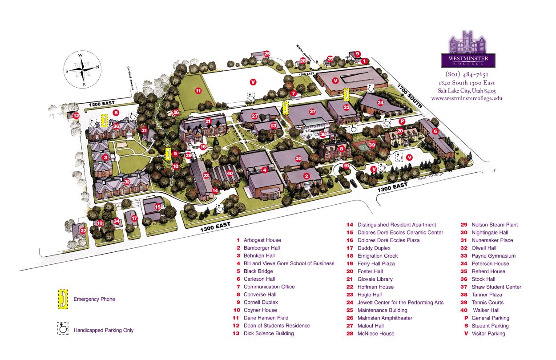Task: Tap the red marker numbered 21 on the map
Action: coord(208,121)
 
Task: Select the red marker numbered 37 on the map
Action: coord(313,111)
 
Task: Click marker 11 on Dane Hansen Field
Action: coord(198,91)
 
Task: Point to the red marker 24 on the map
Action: coord(380,102)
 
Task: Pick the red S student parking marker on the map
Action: coord(116,112)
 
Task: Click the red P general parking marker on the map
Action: coord(402,121)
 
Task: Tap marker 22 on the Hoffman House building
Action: coord(83,231)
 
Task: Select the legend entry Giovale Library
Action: coord(377,279)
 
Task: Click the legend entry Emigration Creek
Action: coord(377,256)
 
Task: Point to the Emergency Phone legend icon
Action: coord(63,299)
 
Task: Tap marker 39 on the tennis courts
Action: coord(372,145)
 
